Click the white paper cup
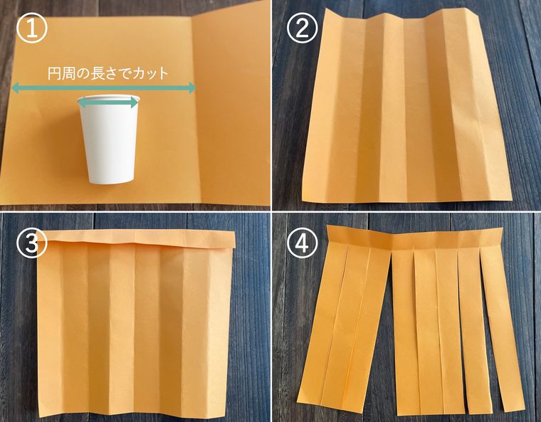tap(110, 142)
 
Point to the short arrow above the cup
tap(107, 102)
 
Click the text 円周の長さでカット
tap(107, 73)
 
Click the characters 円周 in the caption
tap(58, 73)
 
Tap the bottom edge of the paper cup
tap(110, 181)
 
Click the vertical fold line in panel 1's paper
tap(193, 107)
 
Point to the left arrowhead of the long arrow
tap(14, 88)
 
